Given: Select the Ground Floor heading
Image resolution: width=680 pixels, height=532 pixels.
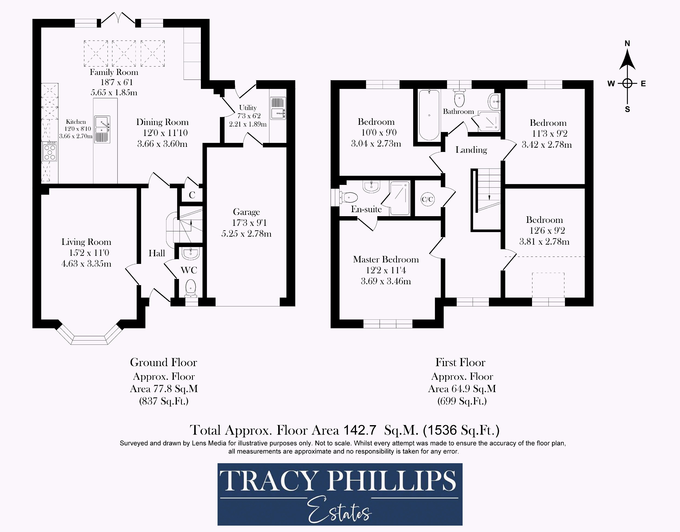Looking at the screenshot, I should pyautogui.click(x=163, y=363).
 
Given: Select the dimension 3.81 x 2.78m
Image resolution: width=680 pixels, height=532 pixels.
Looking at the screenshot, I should pyautogui.click(x=544, y=241).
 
